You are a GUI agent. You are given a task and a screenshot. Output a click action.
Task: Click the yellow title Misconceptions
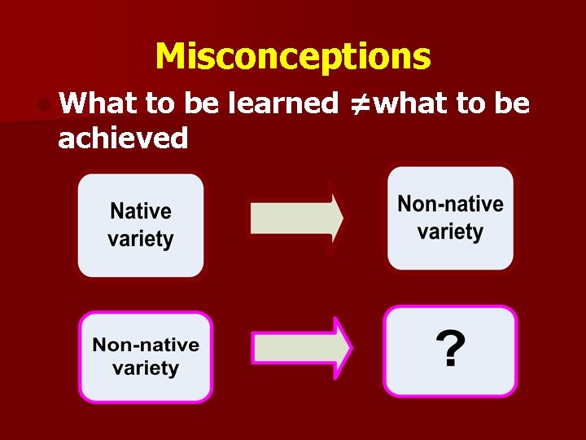(293, 57)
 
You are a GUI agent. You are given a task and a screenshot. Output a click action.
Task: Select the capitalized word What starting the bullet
(98, 103)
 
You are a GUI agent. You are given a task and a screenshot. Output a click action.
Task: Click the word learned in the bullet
(283, 103)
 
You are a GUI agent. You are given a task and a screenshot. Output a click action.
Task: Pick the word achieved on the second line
(123, 138)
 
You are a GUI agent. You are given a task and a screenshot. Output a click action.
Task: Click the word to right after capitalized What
(160, 103)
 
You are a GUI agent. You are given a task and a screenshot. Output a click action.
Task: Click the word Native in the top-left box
(141, 212)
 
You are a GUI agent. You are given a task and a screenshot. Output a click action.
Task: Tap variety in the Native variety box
(141, 240)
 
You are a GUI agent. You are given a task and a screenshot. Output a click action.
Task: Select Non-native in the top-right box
(450, 204)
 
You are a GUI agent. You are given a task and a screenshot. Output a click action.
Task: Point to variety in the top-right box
(450, 232)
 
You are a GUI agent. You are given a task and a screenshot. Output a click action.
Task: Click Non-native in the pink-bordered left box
(146, 345)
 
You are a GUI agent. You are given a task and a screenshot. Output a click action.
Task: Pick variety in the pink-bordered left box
(146, 368)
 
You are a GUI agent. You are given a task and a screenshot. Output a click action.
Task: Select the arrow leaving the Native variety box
(296, 218)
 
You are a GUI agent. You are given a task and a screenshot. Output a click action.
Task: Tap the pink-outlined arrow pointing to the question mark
(301, 349)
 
